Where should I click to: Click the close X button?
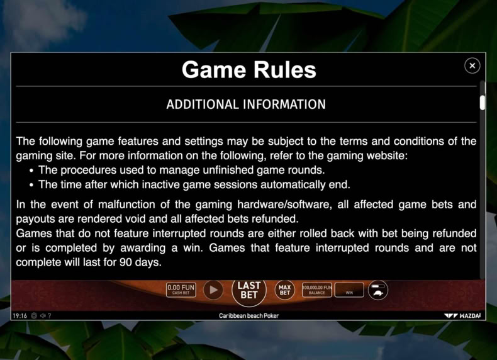pyautogui.click(x=472, y=65)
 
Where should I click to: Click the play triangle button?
pyautogui.click(x=213, y=290)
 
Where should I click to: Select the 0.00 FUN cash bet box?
pyautogui.click(x=181, y=290)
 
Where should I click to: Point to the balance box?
pyautogui.click(x=316, y=290)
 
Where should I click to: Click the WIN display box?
pyautogui.click(x=349, y=290)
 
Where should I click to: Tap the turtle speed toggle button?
pyautogui.click(x=378, y=290)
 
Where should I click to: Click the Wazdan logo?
pyautogui.click(x=462, y=315)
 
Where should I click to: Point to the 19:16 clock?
pyautogui.click(x=20, y=315)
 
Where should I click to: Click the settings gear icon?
pyautogui.click(x=34, y=315)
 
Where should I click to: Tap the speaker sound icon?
pyautogui.click(x=43, y=315)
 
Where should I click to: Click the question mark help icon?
pyautogui.click(x=50, y=315)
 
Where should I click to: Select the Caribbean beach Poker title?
pyautogui.click(x=249, y=315)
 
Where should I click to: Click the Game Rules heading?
pyautogui.click(x=249, y=70)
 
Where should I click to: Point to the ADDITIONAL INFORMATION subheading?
pyautogui.click(x=246, y=104)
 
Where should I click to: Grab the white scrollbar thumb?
pyautogui.click(x=482, y=103)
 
